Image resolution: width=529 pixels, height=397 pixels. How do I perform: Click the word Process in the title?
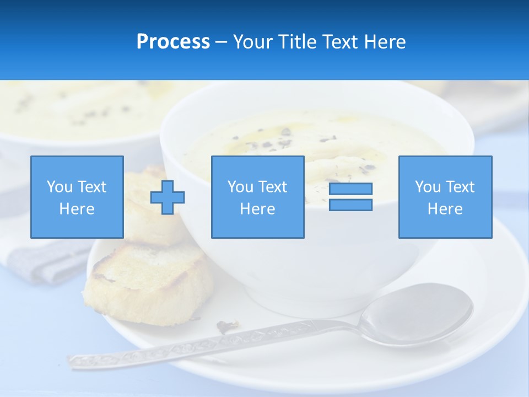tap(173, 42)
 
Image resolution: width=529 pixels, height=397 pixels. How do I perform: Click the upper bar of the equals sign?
tap(350, 189)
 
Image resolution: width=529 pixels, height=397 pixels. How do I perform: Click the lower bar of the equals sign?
tap(350, 205)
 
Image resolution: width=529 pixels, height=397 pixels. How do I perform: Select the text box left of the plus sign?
tap(77, 197)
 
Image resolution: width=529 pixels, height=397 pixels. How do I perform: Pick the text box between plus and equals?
tap(257, 197)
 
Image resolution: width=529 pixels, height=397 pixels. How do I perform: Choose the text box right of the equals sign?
tap(445, 197)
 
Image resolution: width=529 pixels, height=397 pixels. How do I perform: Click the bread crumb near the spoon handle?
tap(226, 326)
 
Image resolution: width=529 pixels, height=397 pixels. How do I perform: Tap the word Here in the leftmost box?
tap(77, 209)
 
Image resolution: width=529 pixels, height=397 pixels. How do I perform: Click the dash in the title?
tap(222, 42)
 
